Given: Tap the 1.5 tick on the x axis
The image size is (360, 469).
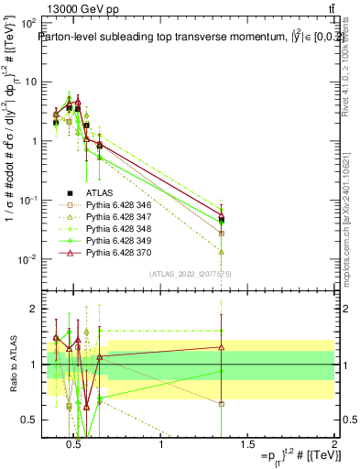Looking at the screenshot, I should pyautogui.click(x=247, y=445).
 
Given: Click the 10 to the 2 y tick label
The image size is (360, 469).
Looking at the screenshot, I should pyautogui.click(x=29, y=22).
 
